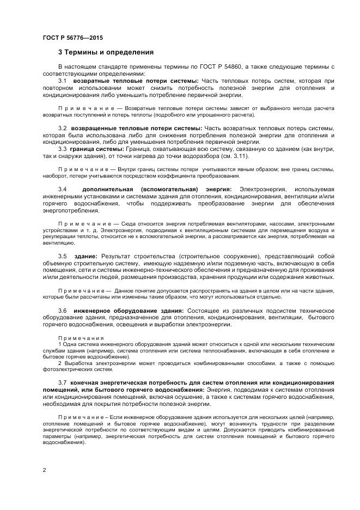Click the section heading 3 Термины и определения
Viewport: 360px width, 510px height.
tap(106, 53)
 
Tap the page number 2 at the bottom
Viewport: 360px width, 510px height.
tap(44, 469)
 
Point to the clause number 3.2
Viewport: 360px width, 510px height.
tap(62, 127)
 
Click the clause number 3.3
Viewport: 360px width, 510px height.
tap(62, 149)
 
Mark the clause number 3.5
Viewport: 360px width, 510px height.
tap(62, 256)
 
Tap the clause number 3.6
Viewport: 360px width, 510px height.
tap(62, 310)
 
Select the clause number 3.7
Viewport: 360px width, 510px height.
tap(62, 383)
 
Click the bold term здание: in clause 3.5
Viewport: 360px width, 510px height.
tap(86, 256)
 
